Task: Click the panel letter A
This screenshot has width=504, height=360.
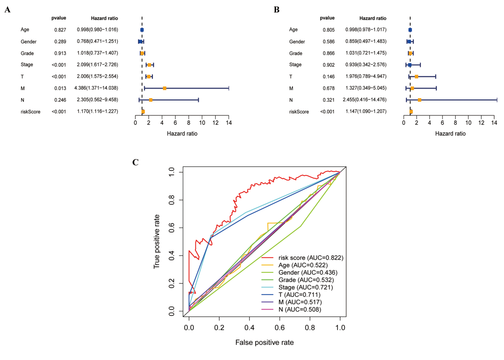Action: pos(8,10)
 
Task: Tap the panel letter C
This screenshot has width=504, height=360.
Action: pos(136,162)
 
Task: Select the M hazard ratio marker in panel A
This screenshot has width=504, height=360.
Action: pos(164,88)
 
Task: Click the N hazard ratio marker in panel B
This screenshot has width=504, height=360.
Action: pos(419,100)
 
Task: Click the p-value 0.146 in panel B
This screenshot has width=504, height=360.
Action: pos(329,76)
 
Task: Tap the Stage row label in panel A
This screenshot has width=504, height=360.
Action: pos(27,64)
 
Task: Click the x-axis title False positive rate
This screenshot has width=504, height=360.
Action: pos(264,342)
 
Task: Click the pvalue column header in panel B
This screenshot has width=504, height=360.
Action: pos(327,18)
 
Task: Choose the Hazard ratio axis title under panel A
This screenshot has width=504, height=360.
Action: pos(182,134)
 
